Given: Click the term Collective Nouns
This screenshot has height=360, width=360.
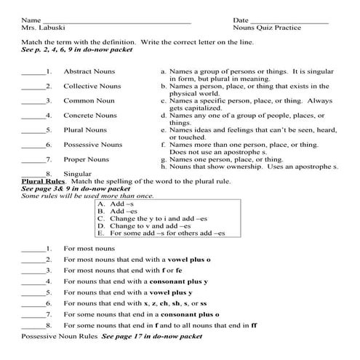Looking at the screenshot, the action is point(92,86).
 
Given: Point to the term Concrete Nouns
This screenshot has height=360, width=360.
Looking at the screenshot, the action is point(90,115).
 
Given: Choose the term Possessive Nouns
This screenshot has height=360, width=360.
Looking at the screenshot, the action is point(93,144).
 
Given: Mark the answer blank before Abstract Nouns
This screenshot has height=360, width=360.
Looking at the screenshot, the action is point(33,73).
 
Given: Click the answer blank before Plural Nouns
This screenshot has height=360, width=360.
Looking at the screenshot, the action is point(33,131).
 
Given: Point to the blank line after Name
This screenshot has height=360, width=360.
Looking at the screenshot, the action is point(116,20).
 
